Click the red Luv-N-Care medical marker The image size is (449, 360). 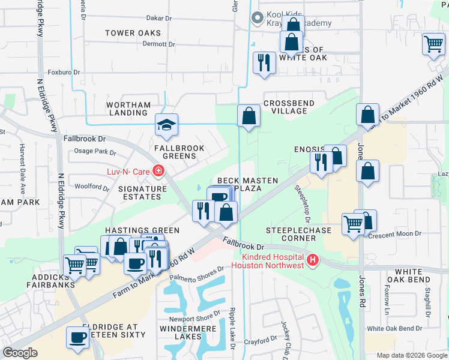[158, 172]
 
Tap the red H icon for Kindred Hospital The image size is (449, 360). [312, 260]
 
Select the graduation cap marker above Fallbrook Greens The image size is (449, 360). [166, 124]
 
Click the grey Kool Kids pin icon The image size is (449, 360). [258, 19]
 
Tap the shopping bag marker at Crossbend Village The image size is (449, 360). [248, 115]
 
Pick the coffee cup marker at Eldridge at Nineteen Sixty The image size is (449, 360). [77, 338]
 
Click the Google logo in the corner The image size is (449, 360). [20, 353]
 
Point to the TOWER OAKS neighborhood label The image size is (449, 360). [133, 32]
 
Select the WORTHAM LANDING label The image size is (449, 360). [128, 109]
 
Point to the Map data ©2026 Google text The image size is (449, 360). [412, 355]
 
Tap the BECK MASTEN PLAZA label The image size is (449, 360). [247, 184]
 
